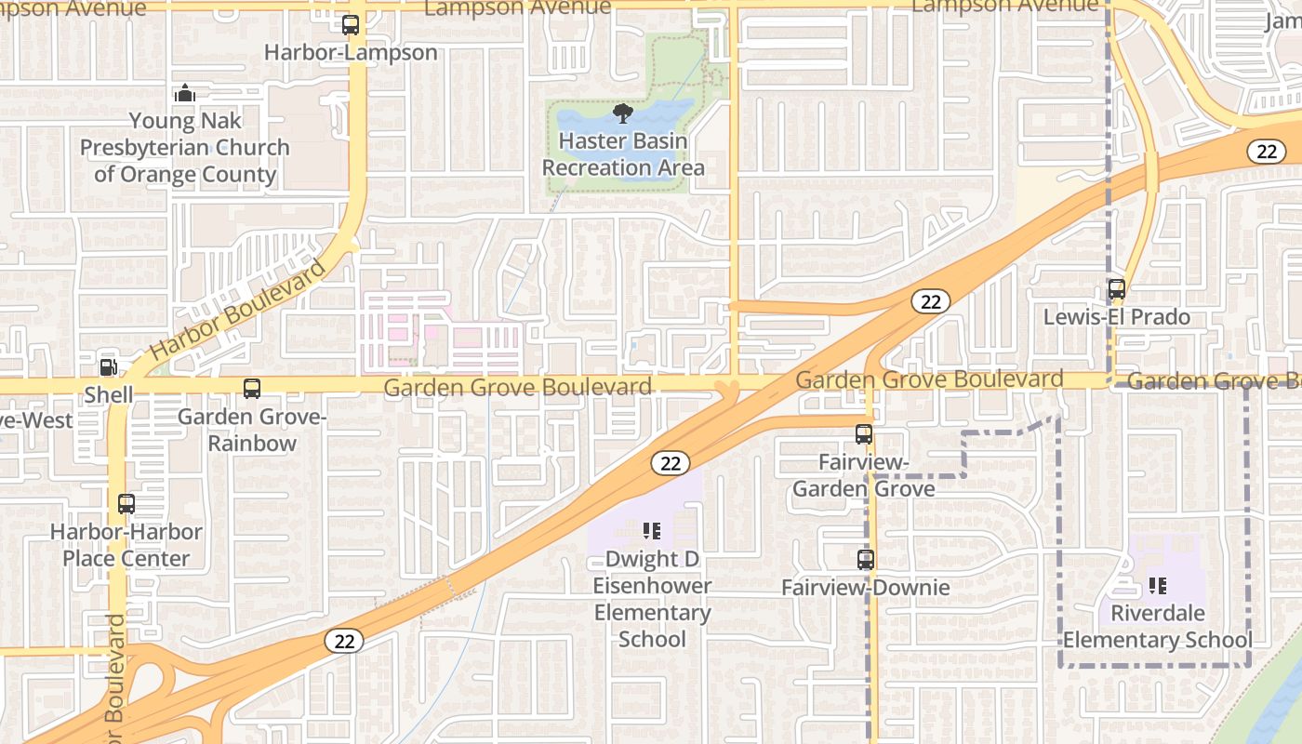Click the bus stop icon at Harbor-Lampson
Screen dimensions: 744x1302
(351, 25)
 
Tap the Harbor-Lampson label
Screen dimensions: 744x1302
(351, 52)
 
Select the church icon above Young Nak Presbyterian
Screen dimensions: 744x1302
(185, 93)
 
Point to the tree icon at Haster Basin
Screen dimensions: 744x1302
(623, 114)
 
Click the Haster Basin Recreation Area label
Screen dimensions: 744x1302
(623, 154)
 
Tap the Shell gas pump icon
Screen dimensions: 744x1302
(109, 367)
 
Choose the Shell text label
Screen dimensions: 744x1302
(109, 394)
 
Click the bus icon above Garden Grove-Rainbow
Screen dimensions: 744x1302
(252, 389)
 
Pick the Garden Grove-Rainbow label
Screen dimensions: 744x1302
(252, 430)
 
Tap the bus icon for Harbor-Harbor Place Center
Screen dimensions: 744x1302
(126, 504)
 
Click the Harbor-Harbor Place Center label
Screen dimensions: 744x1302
(126, 545)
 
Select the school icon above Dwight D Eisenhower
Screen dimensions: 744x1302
(652, 531)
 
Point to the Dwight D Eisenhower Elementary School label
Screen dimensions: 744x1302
(652, 599)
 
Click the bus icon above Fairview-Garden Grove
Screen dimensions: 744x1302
(864, 433)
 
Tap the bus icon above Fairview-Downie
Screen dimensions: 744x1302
(866, 560)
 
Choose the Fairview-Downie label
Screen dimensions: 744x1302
(866, 587)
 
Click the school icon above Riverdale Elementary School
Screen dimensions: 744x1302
(1158, 586)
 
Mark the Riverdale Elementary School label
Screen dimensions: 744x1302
(1158, 627)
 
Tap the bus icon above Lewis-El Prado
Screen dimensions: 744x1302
(1117, 289)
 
